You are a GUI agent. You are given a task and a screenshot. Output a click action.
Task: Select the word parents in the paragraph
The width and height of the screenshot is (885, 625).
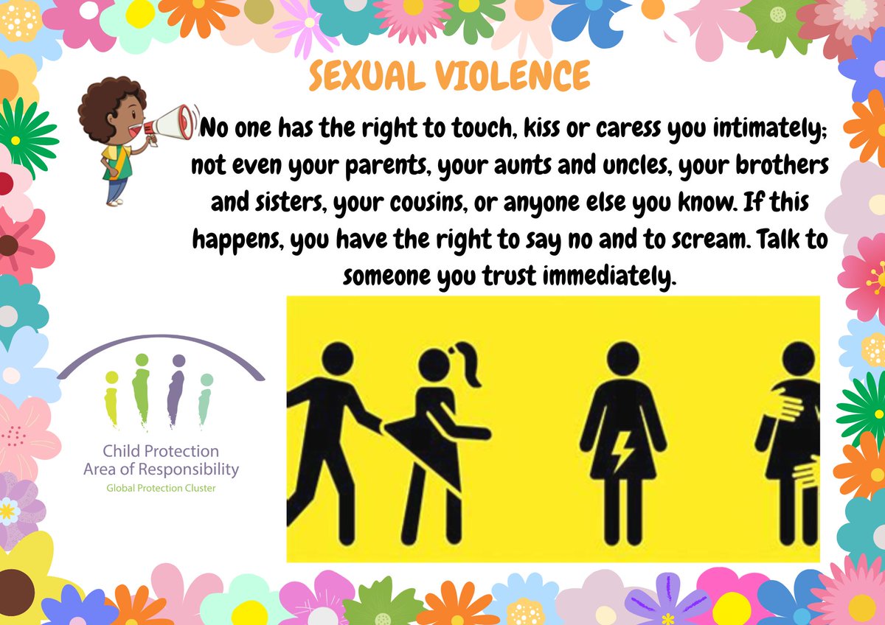click(384, 168)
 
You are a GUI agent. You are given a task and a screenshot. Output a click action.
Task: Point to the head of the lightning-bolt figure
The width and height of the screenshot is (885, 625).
click(623, 359)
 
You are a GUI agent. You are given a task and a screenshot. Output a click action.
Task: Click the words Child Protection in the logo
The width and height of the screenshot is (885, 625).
click(162, 451)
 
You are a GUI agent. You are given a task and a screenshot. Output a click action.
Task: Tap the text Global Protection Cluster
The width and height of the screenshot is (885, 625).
click(162, 487)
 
